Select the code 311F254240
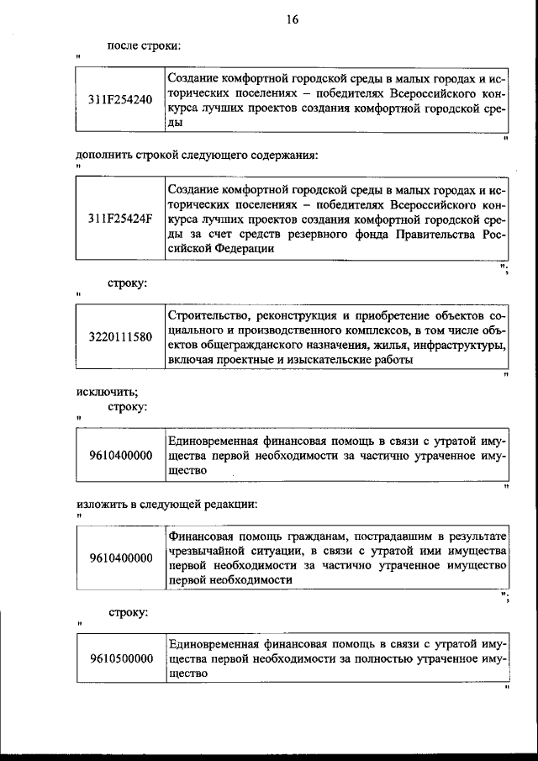tap(120, 99)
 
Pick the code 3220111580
tap(120, 337)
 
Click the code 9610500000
tap(120, 658)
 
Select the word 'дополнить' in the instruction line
tap(103, 155)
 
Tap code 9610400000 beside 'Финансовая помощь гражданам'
tap(120, 558)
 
